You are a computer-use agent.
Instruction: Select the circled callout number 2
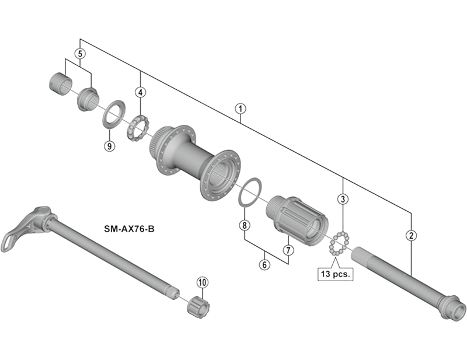click(x=412, y=236)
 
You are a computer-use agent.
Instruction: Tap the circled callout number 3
click(x=343, y=199)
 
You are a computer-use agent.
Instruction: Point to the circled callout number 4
click(x=140, y=92)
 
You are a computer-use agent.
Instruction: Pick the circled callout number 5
click(x=81, y=54)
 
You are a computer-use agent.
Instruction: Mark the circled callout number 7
click(x=288, y=250)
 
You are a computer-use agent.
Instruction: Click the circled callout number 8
click(x=245, y=225)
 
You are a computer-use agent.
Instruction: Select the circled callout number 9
click(x=109, y=146)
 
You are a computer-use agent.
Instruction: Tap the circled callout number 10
click(x=202, y=283)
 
